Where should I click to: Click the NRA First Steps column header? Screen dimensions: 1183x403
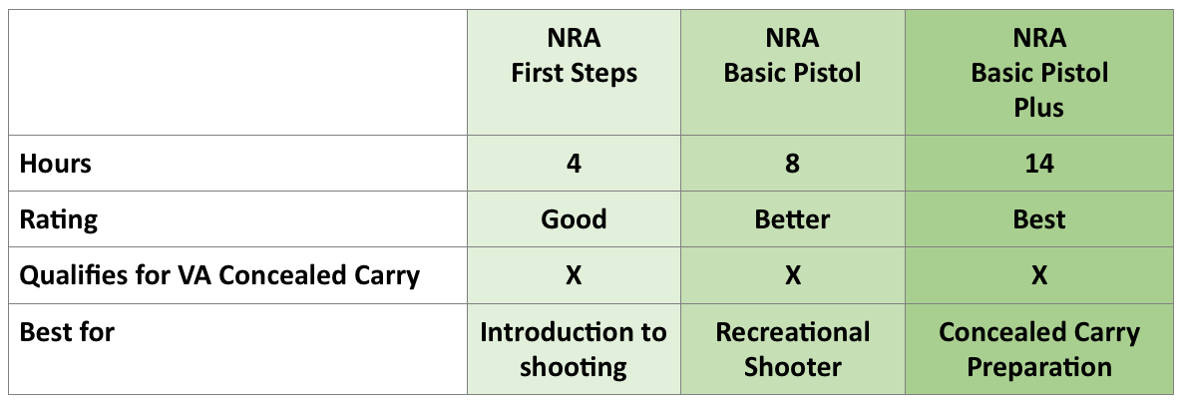pos(574,56)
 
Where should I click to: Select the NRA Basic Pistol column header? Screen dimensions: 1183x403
pos(792,56)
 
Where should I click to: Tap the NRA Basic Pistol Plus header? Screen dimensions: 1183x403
pos(1039,72)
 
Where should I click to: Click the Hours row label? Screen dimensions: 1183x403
pos(56,164)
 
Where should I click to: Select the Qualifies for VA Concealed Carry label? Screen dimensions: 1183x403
pos(220,275)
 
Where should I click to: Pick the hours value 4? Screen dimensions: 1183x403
pos(574,164)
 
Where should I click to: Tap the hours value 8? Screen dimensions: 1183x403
pos(792,164)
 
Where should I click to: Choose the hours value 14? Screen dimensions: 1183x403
pos(1039,164)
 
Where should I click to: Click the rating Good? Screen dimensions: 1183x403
pos(574,219)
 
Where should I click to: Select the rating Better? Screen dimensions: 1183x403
pos(792,219)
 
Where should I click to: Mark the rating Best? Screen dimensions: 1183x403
pos(1039,219)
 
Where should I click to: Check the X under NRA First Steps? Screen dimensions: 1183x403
pos(574,275)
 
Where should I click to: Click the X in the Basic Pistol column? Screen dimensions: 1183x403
pos(792,275)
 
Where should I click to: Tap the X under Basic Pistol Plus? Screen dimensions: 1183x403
pos(1039,275)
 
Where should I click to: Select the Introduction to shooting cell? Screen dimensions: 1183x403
pos(574,349)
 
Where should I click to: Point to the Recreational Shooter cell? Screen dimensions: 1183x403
pos(792,349)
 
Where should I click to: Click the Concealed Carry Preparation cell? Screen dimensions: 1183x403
pos(1039,349)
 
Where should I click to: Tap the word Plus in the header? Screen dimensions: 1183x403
pos(1039,107)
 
